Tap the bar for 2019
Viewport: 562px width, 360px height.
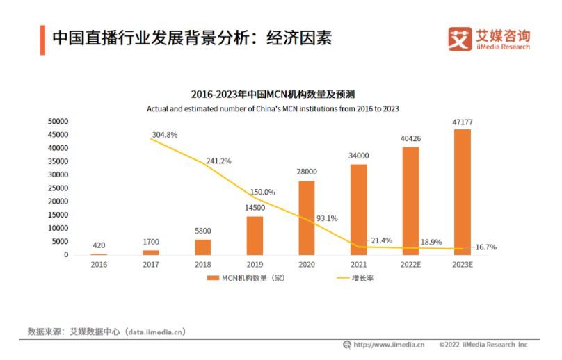[x=255, y=236]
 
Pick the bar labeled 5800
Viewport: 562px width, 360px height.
[x=202, y=247]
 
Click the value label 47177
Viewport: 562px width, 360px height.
[x=462, y=122]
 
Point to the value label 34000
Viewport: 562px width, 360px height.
[x=359, y=156]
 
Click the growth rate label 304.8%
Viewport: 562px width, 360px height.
[x=166, y=134]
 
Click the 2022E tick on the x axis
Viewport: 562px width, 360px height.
[x=410, y=265]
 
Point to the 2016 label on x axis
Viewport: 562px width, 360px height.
[x=99, y=265]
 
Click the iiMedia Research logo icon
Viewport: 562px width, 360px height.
[x=460, y=39]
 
